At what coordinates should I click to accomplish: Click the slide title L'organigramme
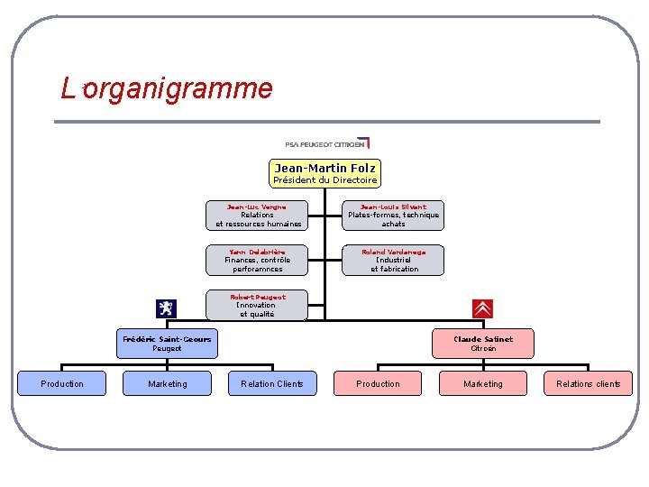click(167, 88)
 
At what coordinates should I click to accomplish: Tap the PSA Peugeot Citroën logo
click(326, 143)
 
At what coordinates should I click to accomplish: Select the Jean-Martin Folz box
click(325, 173)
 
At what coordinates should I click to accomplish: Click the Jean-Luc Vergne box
click(257, 216)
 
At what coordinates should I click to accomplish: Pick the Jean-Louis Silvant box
click(393, 216)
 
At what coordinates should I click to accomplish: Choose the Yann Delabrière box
click(257, 260)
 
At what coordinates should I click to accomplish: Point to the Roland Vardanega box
click(393, 260)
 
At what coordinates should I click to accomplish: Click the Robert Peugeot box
click(257, 305)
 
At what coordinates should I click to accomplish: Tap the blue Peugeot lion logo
click(167, 308)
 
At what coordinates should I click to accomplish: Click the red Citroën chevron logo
click(483, 308)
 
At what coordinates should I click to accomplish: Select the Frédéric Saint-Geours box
click(167, 344)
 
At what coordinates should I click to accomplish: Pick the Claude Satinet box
click(483, 344)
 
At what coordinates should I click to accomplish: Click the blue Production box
click(62, 384)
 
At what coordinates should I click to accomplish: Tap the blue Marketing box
click(168, 384)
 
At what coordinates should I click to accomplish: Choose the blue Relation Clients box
click(272, 384)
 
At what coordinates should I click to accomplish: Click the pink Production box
click(378, 384)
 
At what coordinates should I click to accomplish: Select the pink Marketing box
click(483, 384)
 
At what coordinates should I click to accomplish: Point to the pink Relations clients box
click(588, 384)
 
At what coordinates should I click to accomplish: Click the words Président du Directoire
click(325, 180)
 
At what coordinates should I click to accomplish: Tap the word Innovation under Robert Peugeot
click(257, 305)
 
